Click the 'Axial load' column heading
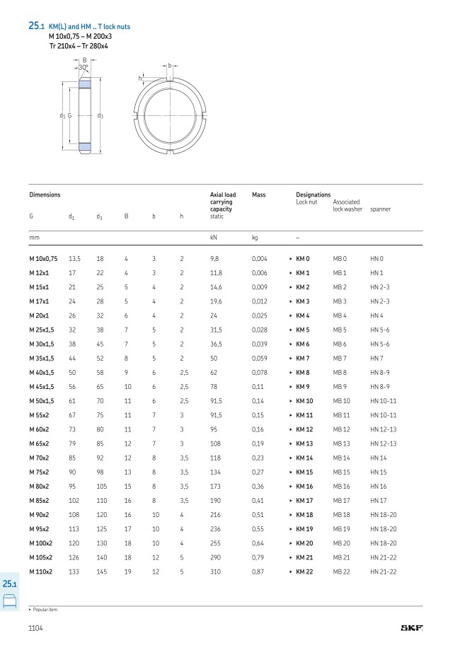223,195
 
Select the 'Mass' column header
258,195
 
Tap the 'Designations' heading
313,195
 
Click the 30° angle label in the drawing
84,67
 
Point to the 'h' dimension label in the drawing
140,78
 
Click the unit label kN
214,238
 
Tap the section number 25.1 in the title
35,25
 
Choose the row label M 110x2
40,571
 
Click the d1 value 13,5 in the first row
74,259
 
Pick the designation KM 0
302,259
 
